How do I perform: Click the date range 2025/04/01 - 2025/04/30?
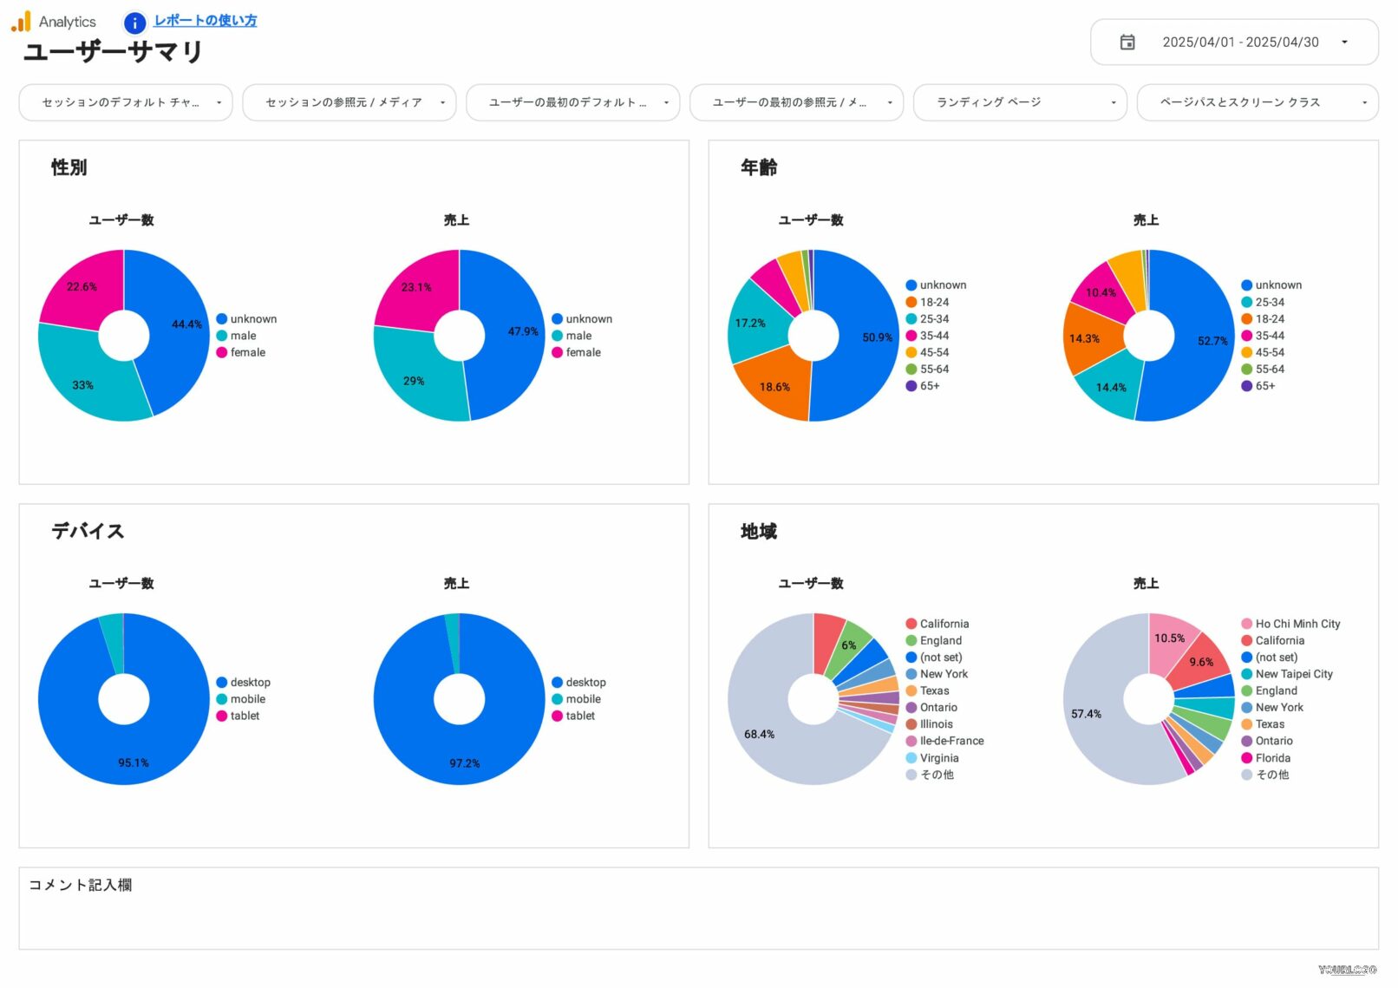[x=1240, y=43]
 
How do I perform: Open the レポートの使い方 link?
[x=205, y=21]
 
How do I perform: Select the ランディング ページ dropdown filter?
[x=1019, y=102]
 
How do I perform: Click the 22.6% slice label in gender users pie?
[x=82, y=287]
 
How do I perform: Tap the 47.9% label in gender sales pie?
[x=523, y=331]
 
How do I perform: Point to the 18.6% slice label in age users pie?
[x=774, y=387]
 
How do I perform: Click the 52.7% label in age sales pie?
[x=1212, y=341]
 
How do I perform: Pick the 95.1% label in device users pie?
[x=134, y=763]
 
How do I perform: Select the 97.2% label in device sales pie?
[x=464, y=763]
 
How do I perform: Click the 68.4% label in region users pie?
[x=759, y=735]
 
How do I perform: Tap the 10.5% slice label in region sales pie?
[x=1169, y=638]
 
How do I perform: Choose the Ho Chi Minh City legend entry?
[x=1297, y=624]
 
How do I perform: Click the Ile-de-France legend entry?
[x=951, y=741]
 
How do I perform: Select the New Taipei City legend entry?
[x=1293, y=674]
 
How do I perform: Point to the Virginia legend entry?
[x=938, y=758]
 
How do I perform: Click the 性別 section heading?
[x=69, y=167]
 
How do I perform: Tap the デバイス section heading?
[x=88, y=531]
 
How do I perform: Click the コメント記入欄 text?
[x=81, y=885]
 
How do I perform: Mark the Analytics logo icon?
[x=22, y=22]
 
